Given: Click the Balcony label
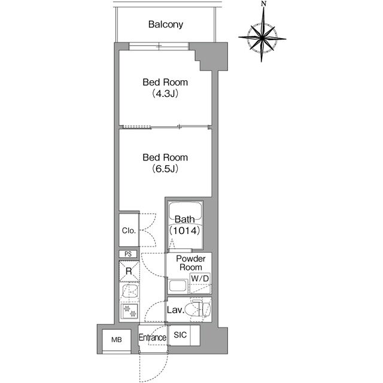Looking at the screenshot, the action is point(166,25).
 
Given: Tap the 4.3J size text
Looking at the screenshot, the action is point(165,93).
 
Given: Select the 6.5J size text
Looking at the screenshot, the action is point(165,169).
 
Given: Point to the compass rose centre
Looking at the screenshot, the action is point(262,38).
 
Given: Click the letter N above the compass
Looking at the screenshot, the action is point(263,4).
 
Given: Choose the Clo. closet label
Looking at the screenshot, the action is point(129,230).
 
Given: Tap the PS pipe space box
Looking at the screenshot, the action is point(128,254).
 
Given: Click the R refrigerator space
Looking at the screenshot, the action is point(129,271).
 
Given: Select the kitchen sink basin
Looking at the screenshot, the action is point(130,291).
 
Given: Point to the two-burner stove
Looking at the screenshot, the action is point(130,311).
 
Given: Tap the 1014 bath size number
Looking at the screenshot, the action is point(185,230).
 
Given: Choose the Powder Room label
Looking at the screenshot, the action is point(190,263).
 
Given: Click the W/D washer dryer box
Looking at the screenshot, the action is point(200,283).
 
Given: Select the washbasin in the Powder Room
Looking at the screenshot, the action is point(178,286).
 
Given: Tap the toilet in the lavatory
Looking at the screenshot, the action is point(197,309).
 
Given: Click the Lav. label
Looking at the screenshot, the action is point(175,310).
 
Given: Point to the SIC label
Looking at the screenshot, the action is point(180,335).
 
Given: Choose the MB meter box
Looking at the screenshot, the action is point(117,340).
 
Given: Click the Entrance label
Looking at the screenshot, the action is point(153,338).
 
